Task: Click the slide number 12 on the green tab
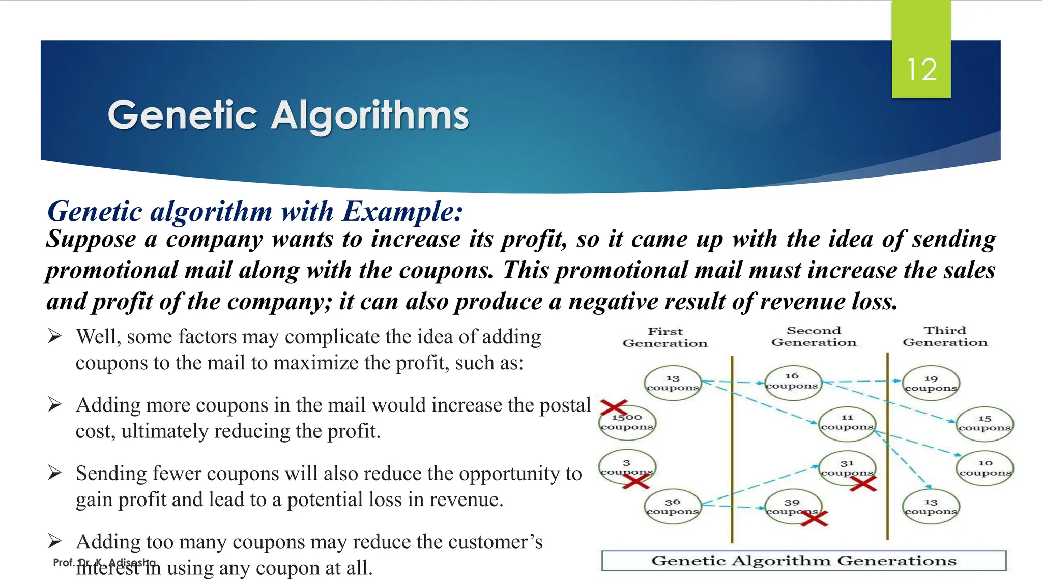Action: tap(921, 70)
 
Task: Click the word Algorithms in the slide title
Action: tap(369, 115)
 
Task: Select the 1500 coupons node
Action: tap(627, 422)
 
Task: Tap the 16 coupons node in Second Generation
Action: tap(792, 382)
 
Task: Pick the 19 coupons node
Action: tap(931, 384)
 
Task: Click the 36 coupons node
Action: tap(673, 507)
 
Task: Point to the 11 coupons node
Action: tap(847, 423)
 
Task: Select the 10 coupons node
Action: tap(985, 468)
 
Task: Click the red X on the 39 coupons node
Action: tap(815, 518)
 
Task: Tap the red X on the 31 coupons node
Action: tap(863, 484)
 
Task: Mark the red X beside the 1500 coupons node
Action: tap(614, 407)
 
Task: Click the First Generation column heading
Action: tap(665, 337)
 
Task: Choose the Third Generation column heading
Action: tap(945, 337)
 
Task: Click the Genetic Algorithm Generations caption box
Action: tap(804, 561)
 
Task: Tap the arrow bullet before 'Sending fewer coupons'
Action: tap(55, 473)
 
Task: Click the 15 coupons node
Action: tap(985, 423)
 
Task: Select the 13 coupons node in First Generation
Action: tap(673, 383)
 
